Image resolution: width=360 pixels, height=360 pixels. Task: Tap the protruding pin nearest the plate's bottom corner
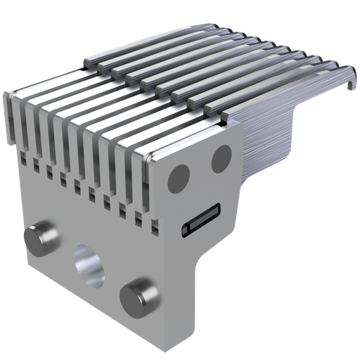(138, 295)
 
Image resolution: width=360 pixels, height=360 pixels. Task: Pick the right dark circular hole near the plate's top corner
(222, 156)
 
